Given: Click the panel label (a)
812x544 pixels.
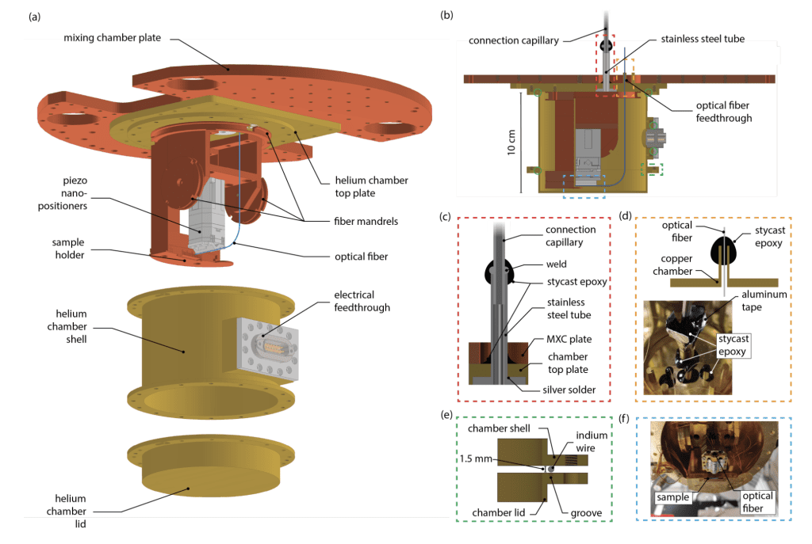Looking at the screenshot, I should coord(35,16).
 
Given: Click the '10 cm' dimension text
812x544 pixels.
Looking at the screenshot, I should coord(511,141).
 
